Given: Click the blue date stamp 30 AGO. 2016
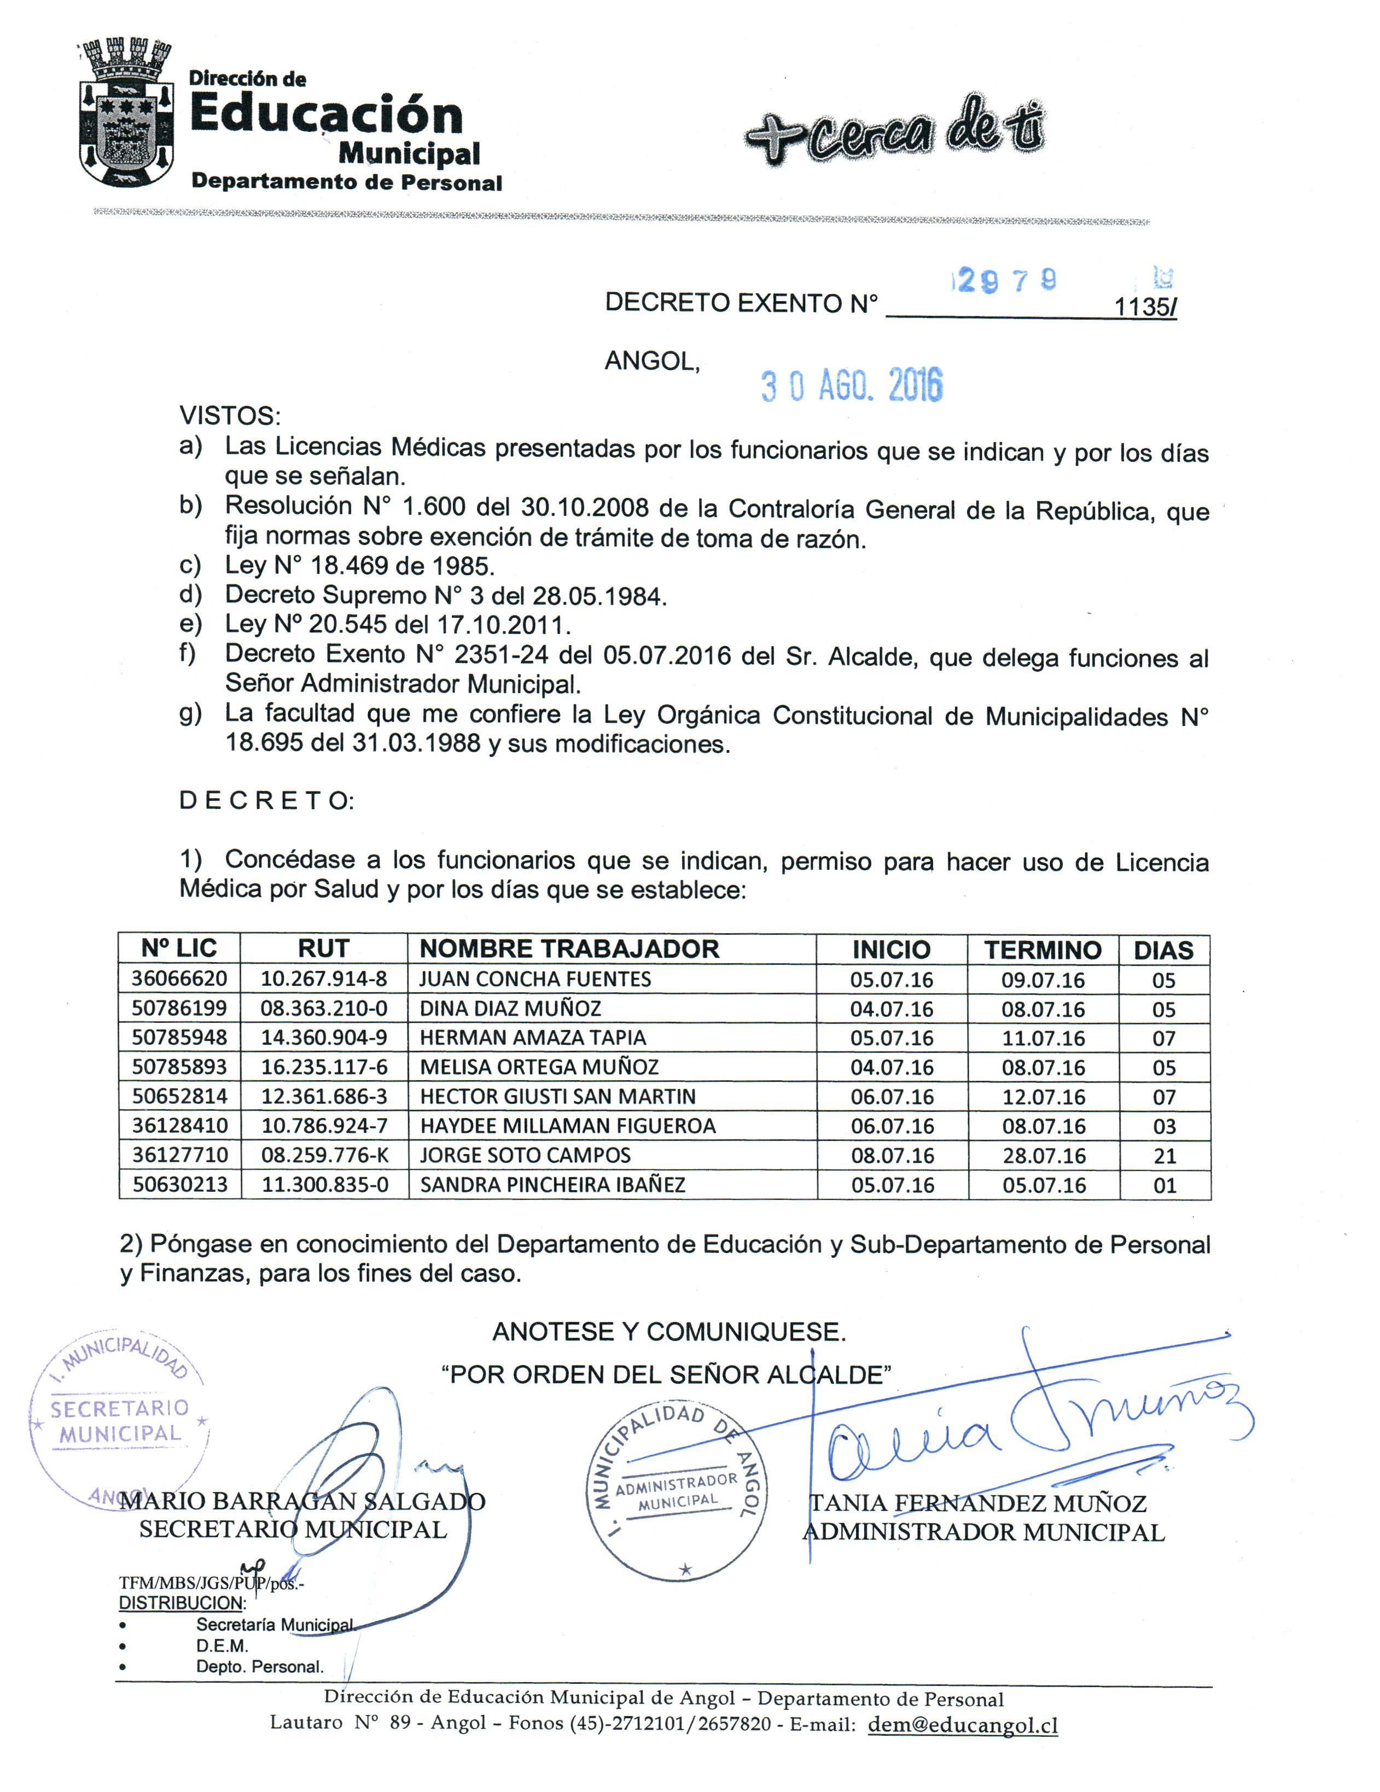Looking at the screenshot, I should [851, 385].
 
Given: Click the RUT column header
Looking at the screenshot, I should [323, 948].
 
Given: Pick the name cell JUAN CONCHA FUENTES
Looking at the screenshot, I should [535, 979].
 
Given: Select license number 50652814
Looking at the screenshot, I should [180, 1096].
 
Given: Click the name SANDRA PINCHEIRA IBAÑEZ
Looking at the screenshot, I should [552, 1185].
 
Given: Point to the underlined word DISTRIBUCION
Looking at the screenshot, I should [182, 1602].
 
